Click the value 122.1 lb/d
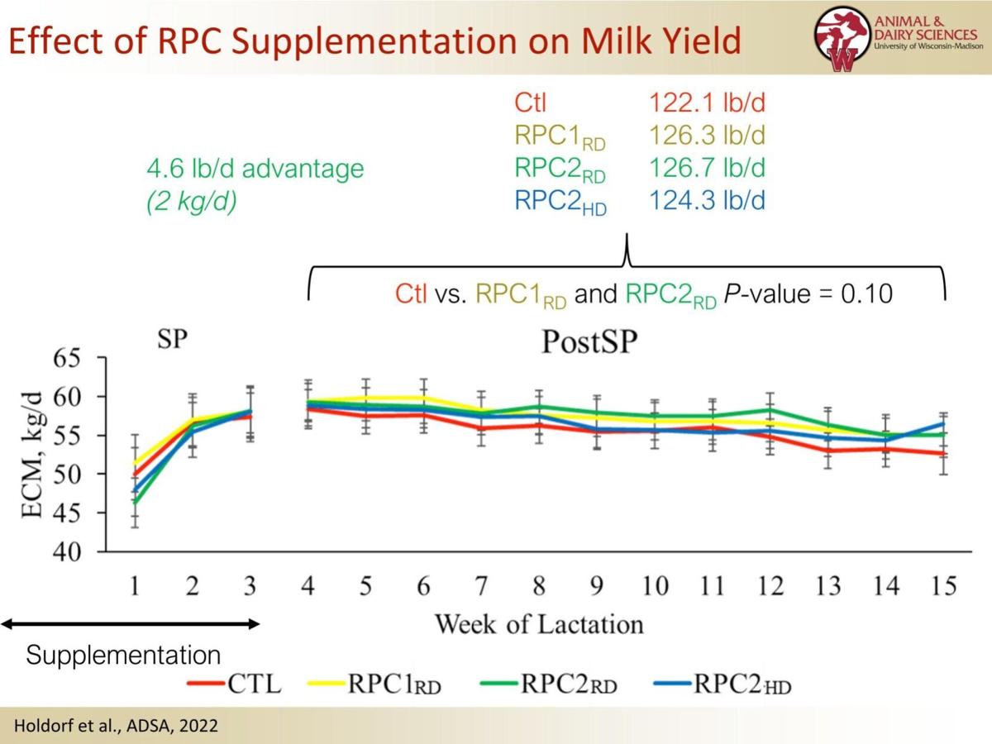[707, 104]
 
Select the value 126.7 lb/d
[707, 168]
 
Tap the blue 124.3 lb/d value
[707, 200]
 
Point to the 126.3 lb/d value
[707, 136]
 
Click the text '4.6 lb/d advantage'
[255, 169]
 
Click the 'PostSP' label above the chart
[589, 342]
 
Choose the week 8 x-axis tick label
[539, 587]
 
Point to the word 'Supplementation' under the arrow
[123, 656]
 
